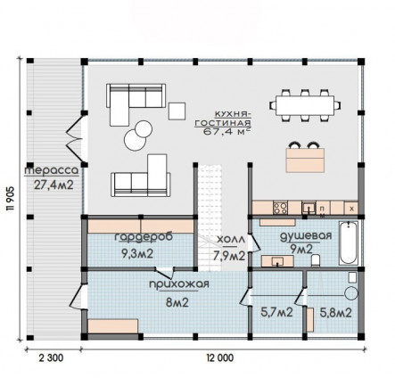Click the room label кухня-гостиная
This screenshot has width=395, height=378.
click(223, 119)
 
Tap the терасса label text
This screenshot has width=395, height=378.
click(52, 171)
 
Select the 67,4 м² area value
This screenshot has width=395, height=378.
click(226, 132)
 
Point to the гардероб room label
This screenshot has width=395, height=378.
click(144, 237)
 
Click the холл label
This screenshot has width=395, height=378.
click(231, 240)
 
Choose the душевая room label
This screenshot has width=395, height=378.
click(306, 236)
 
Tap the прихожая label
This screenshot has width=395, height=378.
click(179, 284)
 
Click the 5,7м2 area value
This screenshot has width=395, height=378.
click(276, 312)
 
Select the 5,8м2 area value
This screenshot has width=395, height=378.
click(336, 312)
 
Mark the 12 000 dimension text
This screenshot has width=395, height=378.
click(220, 358)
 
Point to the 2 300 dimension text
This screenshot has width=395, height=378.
click(51, 358)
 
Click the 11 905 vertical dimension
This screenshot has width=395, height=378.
click(12, 199)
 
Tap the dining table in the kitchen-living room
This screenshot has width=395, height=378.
click(305, 105)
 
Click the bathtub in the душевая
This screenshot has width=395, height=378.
click(349, 243)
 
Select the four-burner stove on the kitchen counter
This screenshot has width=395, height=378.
click(280, 208)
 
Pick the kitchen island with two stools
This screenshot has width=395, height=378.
click(305, 158)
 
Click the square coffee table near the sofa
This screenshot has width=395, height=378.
click(177, 111)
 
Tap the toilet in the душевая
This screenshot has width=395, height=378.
click(316, 260)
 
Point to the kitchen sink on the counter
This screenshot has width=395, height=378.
click(309, 208)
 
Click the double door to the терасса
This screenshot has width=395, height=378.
click(74, 139)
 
